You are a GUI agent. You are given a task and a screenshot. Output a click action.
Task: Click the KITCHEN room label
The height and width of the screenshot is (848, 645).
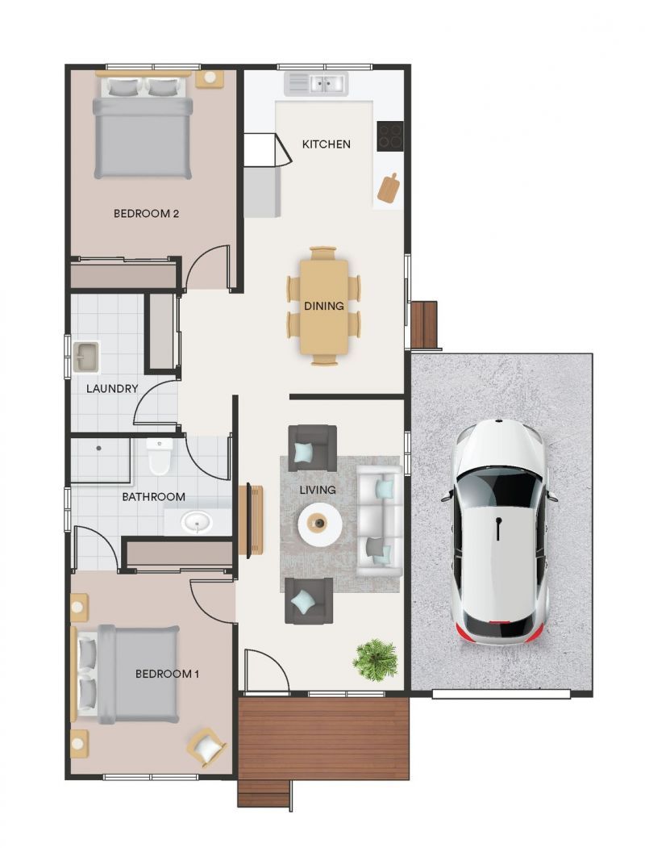click(326, 144)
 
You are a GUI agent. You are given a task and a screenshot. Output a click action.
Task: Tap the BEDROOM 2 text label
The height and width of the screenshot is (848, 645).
click(146, 214)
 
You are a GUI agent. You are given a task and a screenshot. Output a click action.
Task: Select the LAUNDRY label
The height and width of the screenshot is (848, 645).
click(112, 388)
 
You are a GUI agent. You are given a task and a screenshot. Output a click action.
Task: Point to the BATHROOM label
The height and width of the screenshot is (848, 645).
click(153, 497)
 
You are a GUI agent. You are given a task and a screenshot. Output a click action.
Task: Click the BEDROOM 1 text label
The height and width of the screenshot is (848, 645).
click(166, 674)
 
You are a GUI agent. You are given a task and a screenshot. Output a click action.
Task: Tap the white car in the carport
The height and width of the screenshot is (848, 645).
click(499, 532)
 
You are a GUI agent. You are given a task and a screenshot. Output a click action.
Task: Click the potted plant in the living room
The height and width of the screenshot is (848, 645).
click(375, 659)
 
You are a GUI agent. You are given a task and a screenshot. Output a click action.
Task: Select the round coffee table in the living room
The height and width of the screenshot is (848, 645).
click(320, 525)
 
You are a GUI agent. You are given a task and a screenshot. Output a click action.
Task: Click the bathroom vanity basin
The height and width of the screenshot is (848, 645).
click(194, 523)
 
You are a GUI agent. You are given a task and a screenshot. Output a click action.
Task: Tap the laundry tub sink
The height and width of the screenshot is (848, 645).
click(85, 356)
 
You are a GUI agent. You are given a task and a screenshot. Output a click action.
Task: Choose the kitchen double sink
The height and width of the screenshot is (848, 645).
click(315, 83)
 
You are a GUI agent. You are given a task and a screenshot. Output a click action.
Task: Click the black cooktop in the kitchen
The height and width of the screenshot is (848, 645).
click(390, 135)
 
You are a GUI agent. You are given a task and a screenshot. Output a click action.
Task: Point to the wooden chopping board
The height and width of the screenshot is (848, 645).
click(389, 188)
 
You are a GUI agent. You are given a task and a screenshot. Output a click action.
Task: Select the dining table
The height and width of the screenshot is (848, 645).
click(323, 305)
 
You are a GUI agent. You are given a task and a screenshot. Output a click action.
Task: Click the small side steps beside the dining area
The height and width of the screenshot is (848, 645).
click(424, 324)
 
